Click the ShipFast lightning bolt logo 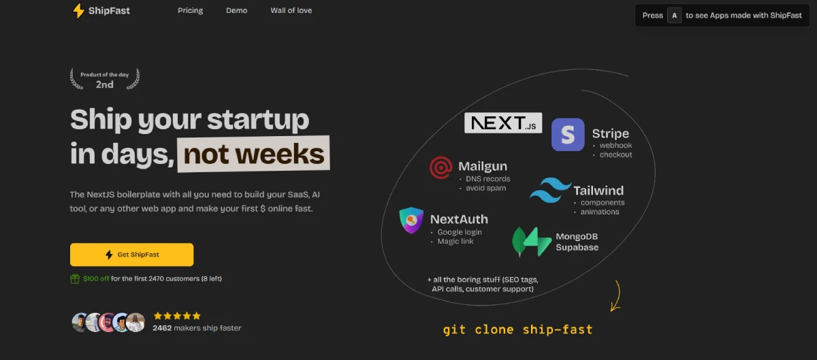click(x=78, y=11)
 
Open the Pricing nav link click(x=191, y=11)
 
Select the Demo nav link click(x=237, y=11)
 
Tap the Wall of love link click(x=291, y=11)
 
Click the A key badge click(x=675, y=16)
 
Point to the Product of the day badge click(x=105, y=79)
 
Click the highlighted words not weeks click(x=253, y=154)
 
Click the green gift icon click(x=75, y=278)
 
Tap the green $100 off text click(x=96, y=278)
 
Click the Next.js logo click(x=503, y=123)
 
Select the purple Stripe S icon click(x=568, y=135)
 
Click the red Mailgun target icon click(x=441, y=168)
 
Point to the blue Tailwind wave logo click(x=550, y=190)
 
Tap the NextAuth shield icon click(x=411, y=220)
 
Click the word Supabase click(x=577, y=247)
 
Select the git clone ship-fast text click(x=518, y=330)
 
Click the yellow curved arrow click(x=618, y=295)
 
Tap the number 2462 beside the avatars click(x=162, y=328)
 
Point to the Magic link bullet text click(x=455, y=242)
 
